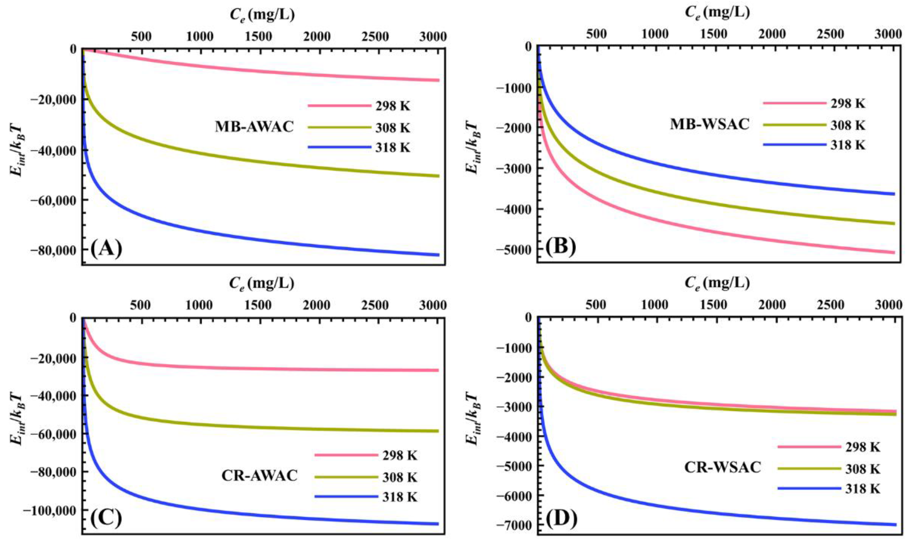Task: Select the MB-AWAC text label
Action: pos(254,127)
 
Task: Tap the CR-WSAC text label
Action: pos(722,467)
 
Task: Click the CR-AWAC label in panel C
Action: pos(259,476)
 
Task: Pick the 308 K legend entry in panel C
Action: pos(399,477)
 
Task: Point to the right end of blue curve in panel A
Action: pos(439,255)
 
